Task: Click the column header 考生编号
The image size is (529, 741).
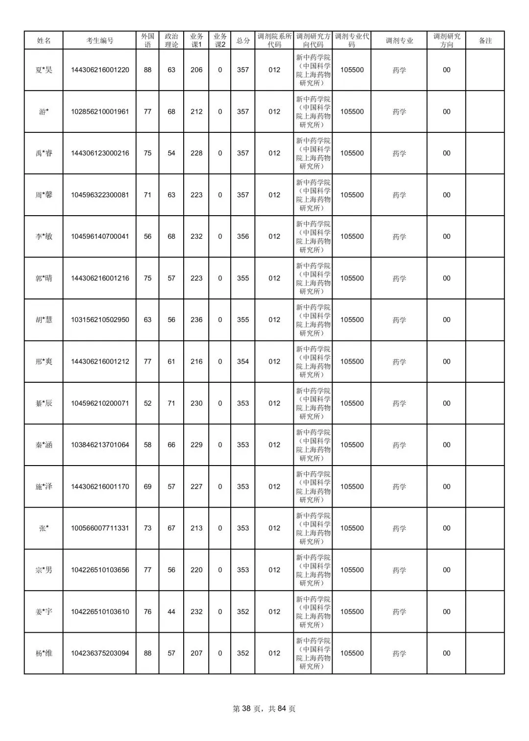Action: pyautogui.click(x=99, y=41)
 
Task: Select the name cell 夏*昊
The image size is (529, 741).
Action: pyautogui.click(x=44, y=70)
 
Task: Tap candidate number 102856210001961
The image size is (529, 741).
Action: pyautogui.click(x=100, y=112)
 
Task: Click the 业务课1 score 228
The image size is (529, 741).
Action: pyautogui.click(x=196, y=153)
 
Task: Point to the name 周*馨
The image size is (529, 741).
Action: pyautogui.click(x=44, y=195)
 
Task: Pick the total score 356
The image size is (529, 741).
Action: pyautogui.click(x=243, y=237)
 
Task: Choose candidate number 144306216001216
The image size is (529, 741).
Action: pyautogui.click(x=100, y=278)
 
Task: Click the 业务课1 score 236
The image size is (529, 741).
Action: pyautogui.click(x=196, y=320)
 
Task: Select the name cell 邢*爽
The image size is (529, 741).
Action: pyautogui.click(x=44, y=362)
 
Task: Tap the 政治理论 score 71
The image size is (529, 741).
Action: pyautogui.click(x=171, y=403)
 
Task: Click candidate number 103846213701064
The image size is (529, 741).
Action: pyautogui.click(x=100, y=445)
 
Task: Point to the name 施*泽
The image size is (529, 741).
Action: pyautogui.click(x=44, y=487)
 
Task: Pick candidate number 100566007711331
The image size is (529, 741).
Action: pyautogui.click(x=100, y=528)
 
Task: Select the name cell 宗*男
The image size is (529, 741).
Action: pyautogui.click(x=44, y=570)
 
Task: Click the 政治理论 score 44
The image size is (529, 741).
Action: pyautogui.click(x=171, y=612)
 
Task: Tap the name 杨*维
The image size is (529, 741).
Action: pyautogui.click(x=44, y=653)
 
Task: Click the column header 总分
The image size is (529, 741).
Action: pyautogui.click(x=243, y=41)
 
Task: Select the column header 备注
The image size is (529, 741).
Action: pyautogui.click(x=485, y=41)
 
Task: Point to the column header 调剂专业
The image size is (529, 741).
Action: pyautogui.click(x=399, y=41)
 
